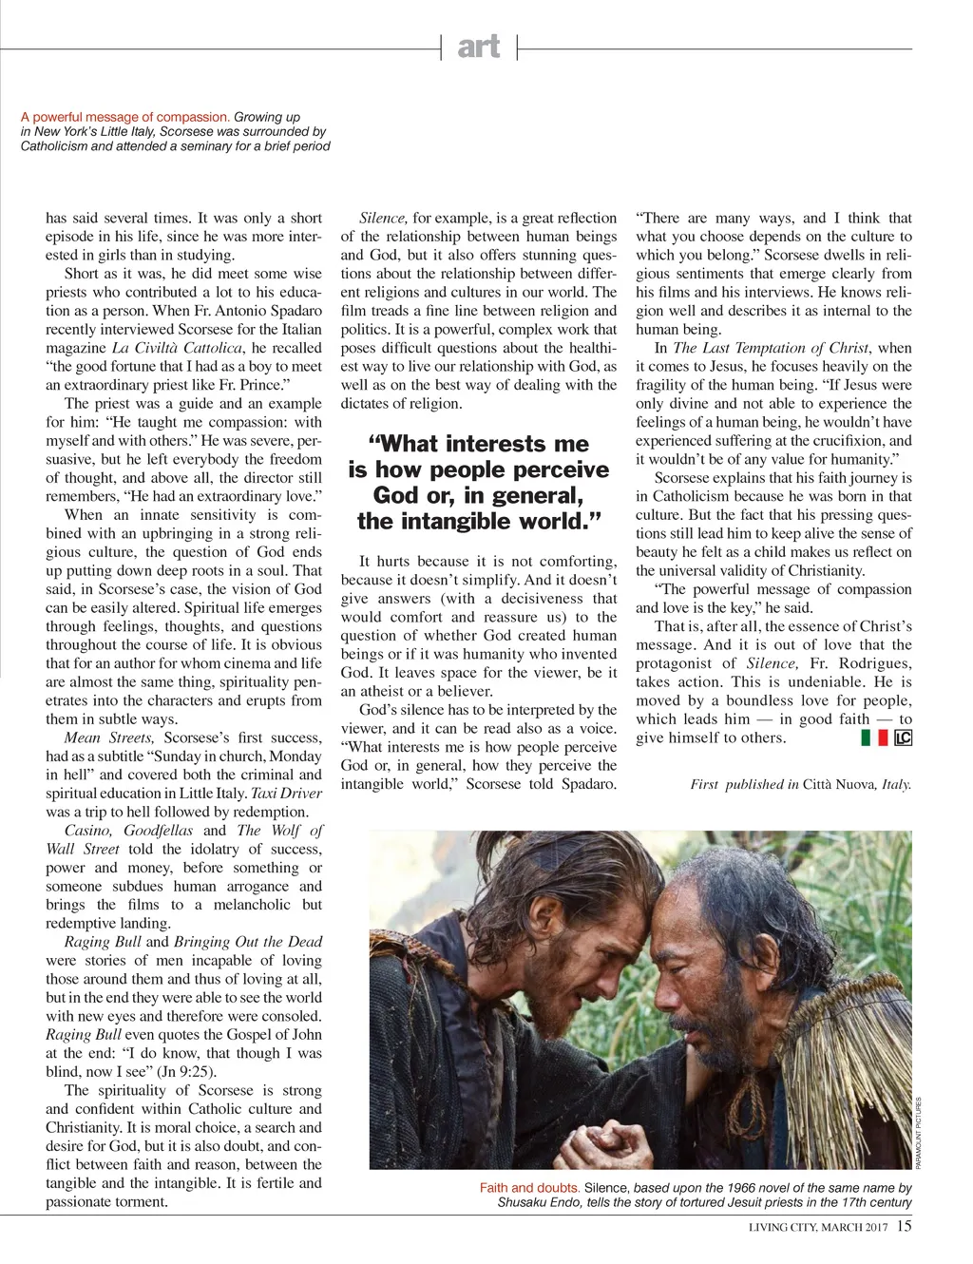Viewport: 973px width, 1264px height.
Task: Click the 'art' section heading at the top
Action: (478, 46)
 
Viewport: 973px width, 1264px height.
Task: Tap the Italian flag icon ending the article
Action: (873, 737)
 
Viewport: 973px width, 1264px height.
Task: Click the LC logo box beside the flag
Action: (903, 737)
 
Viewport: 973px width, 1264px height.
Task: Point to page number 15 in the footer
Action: (904, 1226)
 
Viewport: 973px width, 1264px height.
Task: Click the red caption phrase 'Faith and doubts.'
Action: (529, 1188)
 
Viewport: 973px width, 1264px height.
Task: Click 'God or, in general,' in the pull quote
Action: (478, 495)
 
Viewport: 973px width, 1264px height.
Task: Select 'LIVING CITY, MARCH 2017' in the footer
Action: (818, 1227)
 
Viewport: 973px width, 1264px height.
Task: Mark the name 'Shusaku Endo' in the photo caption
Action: (538, 1203)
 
